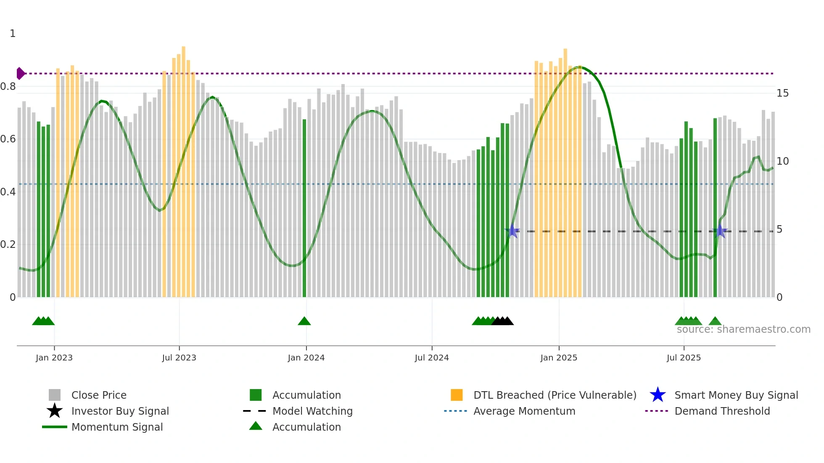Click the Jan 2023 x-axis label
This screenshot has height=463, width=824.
click(54, 358)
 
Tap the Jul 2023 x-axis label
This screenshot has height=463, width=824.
click(179, 358)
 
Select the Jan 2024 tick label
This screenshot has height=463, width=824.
click(306, 358)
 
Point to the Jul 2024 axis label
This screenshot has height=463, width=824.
click(432, 358)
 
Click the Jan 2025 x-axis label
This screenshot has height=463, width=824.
click(559, 358)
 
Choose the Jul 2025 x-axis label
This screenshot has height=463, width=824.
click(684, 358)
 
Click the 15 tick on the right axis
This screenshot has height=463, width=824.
click(782, 93)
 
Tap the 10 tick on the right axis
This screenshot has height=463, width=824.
click(782, 161)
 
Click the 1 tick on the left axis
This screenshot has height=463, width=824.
click(13, 34)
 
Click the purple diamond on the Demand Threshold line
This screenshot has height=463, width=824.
click(20, 74)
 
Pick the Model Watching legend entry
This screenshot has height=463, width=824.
click(312, 411)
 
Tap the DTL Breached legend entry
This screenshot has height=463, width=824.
click(555, 395)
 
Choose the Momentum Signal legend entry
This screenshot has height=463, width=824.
click(117, 427)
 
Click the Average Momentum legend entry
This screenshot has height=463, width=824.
click(524, 411)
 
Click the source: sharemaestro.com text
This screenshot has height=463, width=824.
click(743, 329)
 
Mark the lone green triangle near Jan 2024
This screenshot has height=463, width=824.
click(304, 321)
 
